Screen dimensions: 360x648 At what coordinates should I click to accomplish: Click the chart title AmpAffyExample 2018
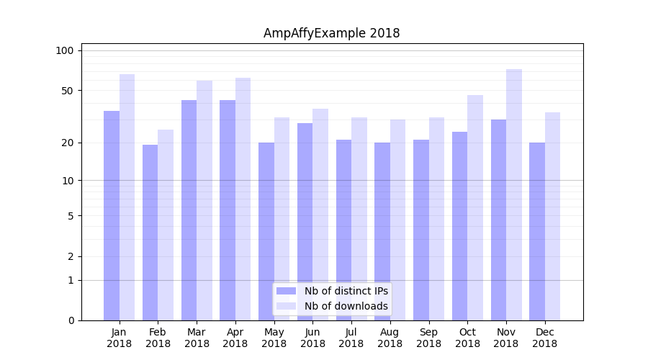click(x=331, y=33)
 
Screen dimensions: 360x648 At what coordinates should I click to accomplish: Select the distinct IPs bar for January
click(x=112, y=216)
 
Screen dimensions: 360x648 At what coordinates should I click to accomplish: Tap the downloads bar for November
click(x=513, y=194)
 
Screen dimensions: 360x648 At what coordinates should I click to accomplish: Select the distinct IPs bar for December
click(x=537, y=231)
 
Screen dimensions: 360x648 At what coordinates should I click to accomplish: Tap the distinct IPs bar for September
click(x=421, y=230)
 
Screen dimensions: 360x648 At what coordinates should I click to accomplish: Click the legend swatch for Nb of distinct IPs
click(x=286, y=291)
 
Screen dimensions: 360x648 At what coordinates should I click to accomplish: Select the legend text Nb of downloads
click(x=346, y=306)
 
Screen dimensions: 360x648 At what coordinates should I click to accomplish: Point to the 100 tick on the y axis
click(x=65, y=50)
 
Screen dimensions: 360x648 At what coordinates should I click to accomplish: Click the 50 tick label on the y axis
click(x=68, y=91)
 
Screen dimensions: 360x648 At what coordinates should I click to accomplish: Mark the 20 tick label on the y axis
click(x=68, y=143)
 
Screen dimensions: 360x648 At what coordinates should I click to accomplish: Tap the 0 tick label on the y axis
click(x=71, y=320)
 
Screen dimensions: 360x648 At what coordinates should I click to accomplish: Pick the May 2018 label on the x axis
click(x=274, y=338)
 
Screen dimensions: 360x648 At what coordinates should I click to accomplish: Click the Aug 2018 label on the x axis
click(x=390, y=338)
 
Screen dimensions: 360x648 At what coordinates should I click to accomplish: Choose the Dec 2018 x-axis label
click(x=544, y=338)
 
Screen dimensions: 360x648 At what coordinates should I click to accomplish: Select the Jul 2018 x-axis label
click(x=351, y=338)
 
